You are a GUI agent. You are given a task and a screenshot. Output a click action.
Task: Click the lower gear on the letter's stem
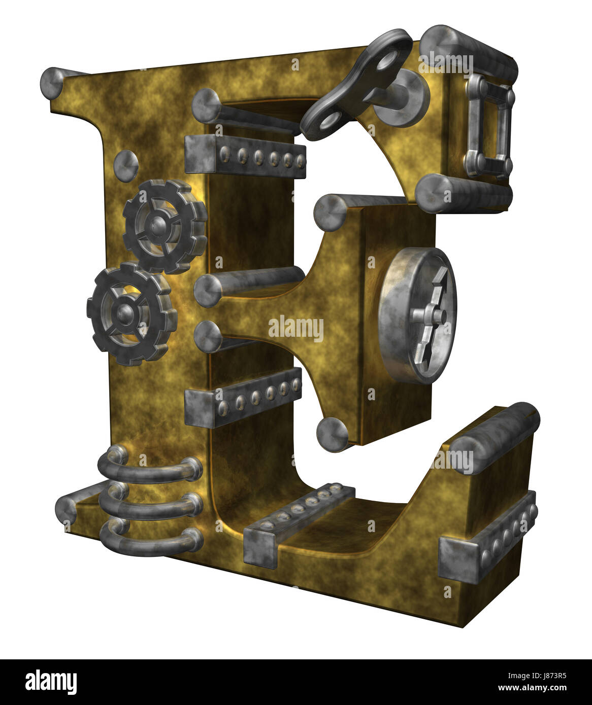(x=131, y=314)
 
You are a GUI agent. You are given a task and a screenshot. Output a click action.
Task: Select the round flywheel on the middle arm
(x=418, y=314)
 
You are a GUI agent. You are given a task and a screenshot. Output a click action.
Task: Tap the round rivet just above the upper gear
(x=125, y=163)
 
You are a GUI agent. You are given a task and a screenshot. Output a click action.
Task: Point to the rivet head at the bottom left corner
(x=67, y=509)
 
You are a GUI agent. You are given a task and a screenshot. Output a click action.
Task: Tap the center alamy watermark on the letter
(x=295, y=328)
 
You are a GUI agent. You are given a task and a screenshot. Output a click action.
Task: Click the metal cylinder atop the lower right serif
(x=495, y=437)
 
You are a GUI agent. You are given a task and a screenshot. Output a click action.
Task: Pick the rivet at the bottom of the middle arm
(x=332, y=432)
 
